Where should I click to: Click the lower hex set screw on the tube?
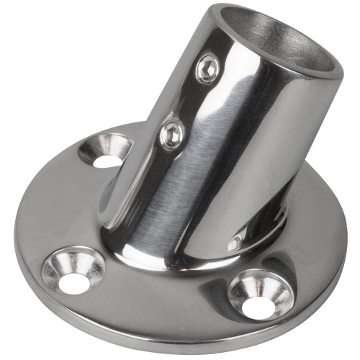click(171, 133)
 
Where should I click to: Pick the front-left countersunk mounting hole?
click(72, 274)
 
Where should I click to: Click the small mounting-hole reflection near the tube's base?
click(233, 245)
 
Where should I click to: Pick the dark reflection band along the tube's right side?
click(284, 144)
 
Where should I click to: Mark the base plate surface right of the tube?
click(310, 216)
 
